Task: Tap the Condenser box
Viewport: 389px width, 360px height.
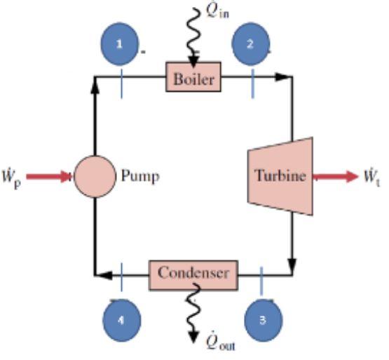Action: tap(193, 273)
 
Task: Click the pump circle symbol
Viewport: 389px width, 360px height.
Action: tap(95, 176)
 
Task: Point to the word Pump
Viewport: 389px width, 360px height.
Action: tap(140, 176)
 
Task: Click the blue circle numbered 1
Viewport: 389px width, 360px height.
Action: tap(121, 44)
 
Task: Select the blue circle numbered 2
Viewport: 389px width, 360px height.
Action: tap(251, 44)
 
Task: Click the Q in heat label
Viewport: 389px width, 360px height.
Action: tap(211, 12)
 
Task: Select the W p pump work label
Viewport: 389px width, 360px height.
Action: tap(14, 175)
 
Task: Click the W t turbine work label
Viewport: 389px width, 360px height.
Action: tap(372, 175)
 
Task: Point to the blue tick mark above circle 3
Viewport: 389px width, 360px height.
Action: tap(261, 280)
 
